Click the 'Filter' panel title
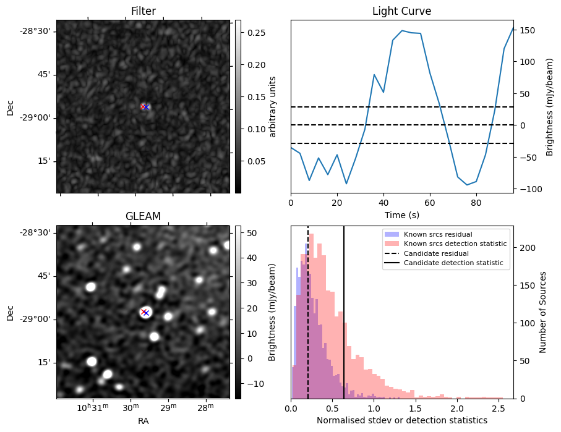coord(143,11)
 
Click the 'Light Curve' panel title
coord(401,11)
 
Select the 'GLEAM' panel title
coord(143,216)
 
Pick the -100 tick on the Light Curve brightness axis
coord(530,189)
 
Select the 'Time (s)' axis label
coord(401,215)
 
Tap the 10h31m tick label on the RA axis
coord(92,409)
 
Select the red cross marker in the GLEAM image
coord(143,312)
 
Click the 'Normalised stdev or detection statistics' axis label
coord(401,421)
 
